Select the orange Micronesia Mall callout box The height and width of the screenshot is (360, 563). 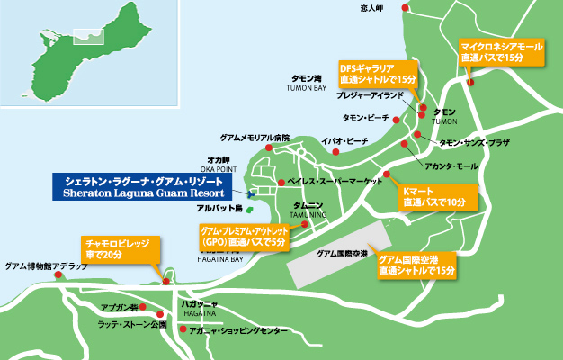coord(501,50)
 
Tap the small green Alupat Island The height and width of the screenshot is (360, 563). coord(250,209)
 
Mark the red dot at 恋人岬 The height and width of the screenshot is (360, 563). coord(406,8)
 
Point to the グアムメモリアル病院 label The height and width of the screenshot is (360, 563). coord(255,138)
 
